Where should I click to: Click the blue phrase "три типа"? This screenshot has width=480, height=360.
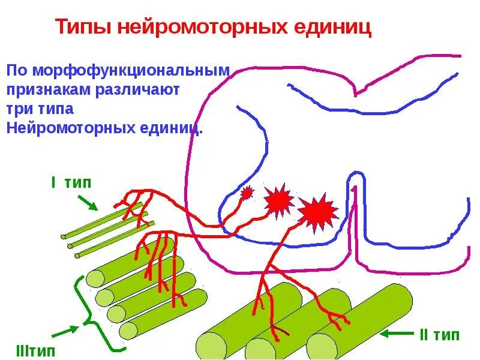tap(40, 109)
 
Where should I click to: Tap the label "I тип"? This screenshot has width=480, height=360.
tap(71, 183)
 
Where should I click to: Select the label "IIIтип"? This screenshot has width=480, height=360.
tap(33, 350)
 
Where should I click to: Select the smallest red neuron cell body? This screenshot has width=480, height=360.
tap(247, 193)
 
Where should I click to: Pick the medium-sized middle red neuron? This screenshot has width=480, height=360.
tap(278, 201)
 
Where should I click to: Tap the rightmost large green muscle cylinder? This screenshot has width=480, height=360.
tap(360, 324)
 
